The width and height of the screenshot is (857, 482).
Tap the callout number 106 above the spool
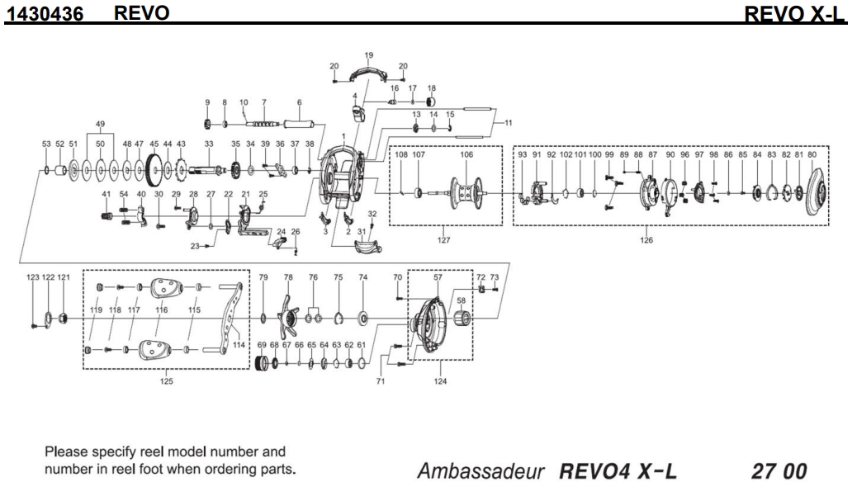pos(467,154)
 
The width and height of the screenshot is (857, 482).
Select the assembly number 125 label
pos(167,381)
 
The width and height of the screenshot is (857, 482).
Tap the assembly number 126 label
pos(646,240)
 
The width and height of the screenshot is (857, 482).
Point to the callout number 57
pos(438,278)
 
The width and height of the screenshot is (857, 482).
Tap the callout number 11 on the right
pos(508,122)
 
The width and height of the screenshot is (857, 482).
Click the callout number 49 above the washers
pos(100,125)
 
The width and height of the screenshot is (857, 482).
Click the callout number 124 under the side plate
pos(439,381)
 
